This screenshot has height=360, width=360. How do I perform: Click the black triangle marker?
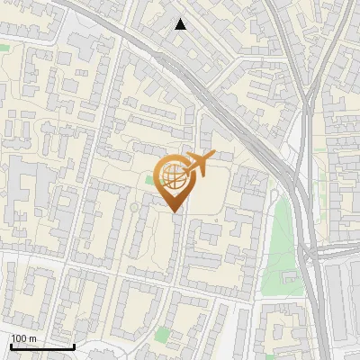click(x=181, y=24)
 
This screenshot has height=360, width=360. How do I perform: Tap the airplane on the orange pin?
click(x=199, y=164)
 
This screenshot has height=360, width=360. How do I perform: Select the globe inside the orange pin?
click(x=175, y=176)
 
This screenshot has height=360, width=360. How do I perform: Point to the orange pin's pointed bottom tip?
click(x=175, y=212)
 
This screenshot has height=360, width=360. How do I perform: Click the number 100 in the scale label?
click(x=19, y=338)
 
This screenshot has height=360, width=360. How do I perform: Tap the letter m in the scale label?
click(x=33, y=338)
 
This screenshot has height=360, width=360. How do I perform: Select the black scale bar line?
click(x=41, y=346)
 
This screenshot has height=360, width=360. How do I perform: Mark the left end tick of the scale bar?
click(x=10, y=345)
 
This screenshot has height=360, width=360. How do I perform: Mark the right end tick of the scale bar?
click(x=74, y=345)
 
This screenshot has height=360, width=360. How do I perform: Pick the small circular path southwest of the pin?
click(x=134, y=208)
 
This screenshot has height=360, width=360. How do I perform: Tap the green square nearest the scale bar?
click(x=162, y=335)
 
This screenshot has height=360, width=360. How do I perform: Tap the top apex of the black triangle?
click(x=181, y=19)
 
